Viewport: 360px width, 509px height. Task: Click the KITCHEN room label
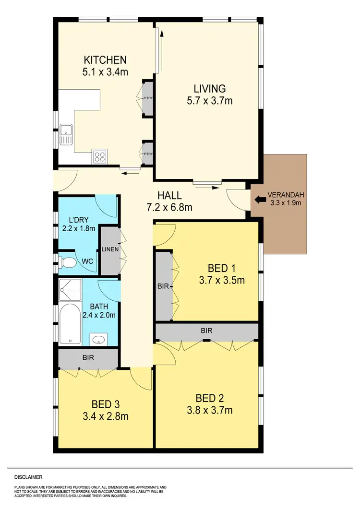click(105, 60)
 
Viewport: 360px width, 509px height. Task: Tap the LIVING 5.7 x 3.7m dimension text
click(209, 101)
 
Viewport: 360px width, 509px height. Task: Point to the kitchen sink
click(66, 134)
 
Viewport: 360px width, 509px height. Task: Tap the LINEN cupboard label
click(110, 249)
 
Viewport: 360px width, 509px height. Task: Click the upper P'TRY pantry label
click(148, 98)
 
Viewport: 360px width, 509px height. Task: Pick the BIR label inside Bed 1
click(164, 286)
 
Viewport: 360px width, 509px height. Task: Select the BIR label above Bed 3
click(87, 357)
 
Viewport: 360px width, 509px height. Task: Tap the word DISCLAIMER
click(28, 477)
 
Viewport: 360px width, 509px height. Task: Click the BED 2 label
click(209, 398)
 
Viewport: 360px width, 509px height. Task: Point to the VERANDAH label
click(286, 195)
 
